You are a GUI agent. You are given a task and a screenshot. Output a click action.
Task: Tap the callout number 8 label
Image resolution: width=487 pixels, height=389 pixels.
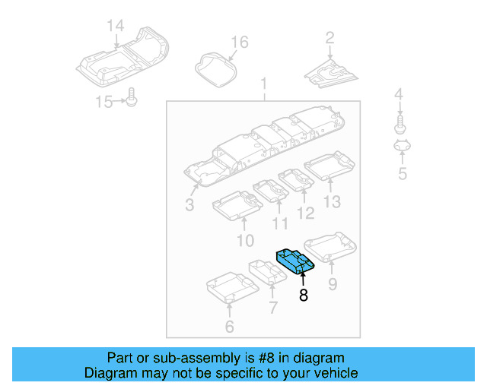click(x=304, y=296)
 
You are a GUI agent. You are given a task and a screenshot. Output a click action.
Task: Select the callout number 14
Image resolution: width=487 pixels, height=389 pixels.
click(x=114, y=27)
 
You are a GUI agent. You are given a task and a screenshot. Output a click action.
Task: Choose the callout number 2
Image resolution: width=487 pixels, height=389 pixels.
click(x=329, y=37)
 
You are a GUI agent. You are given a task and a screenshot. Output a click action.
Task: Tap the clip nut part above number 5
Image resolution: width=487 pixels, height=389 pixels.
click(x=402, y=147)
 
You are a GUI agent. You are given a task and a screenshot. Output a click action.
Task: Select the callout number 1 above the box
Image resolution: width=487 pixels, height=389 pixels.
click(x=264, y=83)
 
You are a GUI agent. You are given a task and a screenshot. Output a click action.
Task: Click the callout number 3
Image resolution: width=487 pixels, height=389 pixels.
click(x=189, y=205)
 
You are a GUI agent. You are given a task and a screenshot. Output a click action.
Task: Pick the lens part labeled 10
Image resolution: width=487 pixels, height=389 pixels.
click(x=237, y=204)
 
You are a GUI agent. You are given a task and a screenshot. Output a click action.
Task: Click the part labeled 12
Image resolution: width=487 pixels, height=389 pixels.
click(x=297, y=179)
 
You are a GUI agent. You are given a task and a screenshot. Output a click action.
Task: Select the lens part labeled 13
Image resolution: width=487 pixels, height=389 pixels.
click(x=329, y=166)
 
